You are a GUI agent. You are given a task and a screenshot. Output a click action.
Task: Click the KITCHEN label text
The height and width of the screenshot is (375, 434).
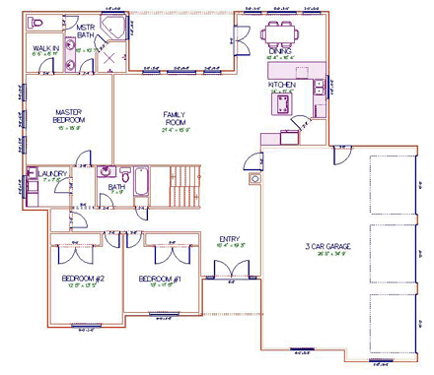click(282, 86)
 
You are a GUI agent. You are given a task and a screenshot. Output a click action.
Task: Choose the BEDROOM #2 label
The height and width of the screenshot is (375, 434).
click(85, 279)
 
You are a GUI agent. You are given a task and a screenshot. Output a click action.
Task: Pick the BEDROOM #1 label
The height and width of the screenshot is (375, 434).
click(161, 279)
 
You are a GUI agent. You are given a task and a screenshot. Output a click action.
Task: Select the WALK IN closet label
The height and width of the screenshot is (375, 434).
click(45, 48)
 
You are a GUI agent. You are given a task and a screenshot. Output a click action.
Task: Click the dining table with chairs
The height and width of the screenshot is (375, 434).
click(281, 35)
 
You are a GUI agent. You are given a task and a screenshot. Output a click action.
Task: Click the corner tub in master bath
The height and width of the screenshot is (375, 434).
click(113, 28)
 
